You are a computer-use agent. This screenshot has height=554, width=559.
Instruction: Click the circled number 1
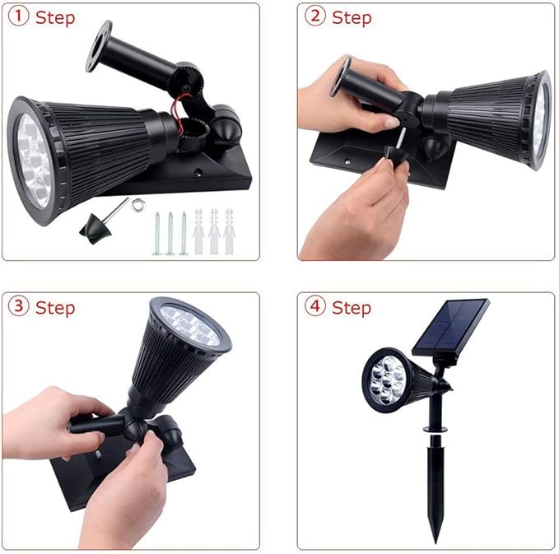(18, 17)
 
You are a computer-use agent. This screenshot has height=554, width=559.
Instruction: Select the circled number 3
(18, 307)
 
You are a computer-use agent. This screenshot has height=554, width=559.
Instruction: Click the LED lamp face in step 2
(540, 119)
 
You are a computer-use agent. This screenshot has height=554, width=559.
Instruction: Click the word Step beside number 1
(55, 18)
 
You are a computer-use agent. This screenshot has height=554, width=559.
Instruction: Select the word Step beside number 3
(55, 308)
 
